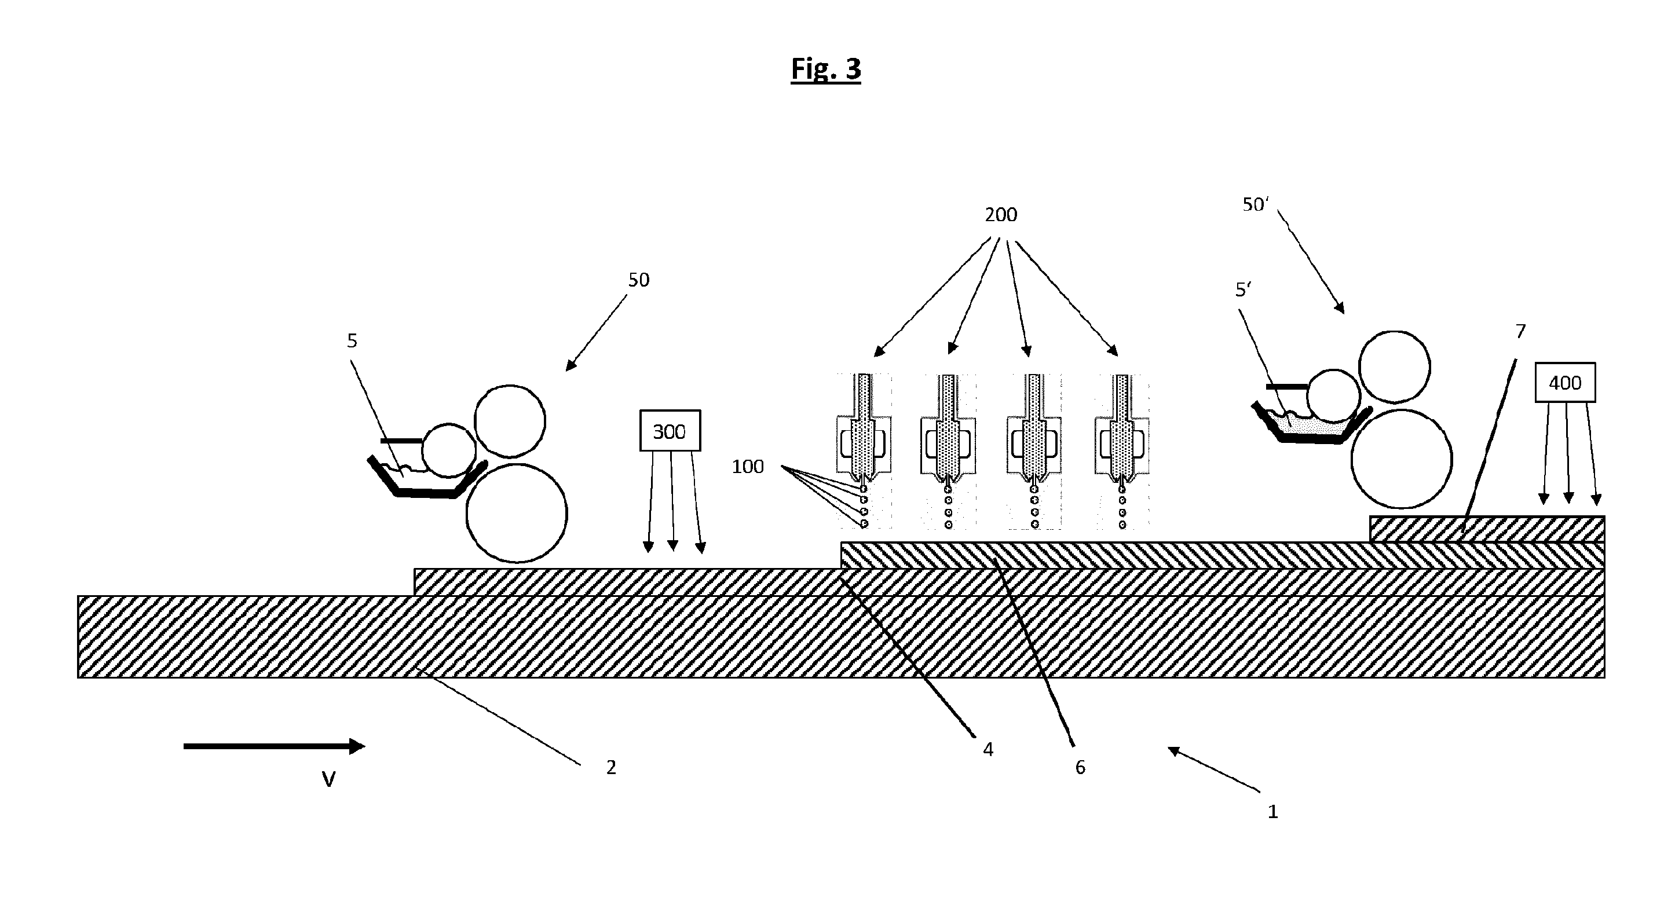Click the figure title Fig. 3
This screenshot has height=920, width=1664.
click(x=825, y=68)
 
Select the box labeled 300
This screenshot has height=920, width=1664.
click(x=670, y=431)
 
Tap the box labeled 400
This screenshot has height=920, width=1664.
click(x=1564, y=383)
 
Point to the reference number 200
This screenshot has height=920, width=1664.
click(x=1001, y=214)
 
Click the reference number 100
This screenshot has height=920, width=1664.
click(x=747, y=466)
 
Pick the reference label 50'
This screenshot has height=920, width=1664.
click(x=1256, y=204)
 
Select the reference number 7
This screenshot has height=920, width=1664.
click(x=1520, y=331)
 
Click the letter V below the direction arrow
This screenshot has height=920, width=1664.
click(x=329, y=780)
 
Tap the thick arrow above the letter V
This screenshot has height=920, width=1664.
click(x=275, y=746)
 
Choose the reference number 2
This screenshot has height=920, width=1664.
click(x=611, y=767)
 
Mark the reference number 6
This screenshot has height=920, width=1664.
click(x=1080, y=767)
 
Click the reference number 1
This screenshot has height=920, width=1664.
click(x=1272, y=812)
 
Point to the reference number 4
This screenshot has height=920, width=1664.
click(x=988, y=749)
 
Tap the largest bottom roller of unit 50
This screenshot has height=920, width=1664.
click(x=517, y=512)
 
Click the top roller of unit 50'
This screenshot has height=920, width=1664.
click(x=1395, y=366)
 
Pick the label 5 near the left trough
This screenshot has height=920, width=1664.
click(x=352, y=340)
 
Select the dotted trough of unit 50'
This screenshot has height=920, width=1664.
click(x=1311, y=423)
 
